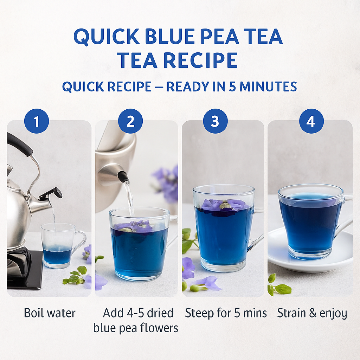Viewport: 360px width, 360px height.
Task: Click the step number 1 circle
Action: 37,121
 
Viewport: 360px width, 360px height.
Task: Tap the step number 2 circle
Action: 130,121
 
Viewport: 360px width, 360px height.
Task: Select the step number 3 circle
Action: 216,121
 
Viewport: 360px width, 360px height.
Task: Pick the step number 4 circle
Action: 311,121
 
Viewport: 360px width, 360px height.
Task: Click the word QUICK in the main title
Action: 107,37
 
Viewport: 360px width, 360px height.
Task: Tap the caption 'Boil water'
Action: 50,313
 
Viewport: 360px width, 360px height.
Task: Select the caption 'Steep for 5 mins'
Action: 226,313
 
